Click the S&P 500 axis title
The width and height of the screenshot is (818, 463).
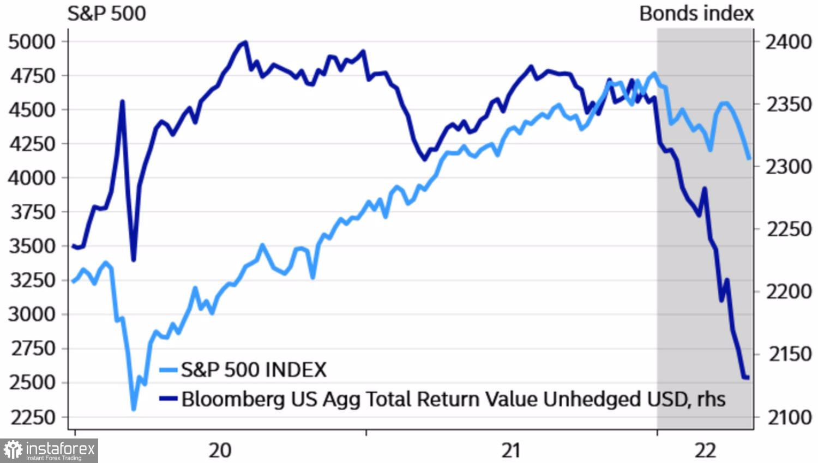(106, 14)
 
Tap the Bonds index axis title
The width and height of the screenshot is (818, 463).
(696, 14)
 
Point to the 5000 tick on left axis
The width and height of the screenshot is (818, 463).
(32, 42)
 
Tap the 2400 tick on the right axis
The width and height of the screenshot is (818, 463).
(789, 42)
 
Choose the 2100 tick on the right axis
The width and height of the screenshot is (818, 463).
(789, 417)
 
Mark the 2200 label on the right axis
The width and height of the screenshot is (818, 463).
(789, 292)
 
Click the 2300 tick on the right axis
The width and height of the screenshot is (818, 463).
(789, 167)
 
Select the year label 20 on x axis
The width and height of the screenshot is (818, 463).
(220, 450)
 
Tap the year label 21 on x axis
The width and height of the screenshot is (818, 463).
(511, 450)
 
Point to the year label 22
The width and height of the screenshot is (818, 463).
(705, 450)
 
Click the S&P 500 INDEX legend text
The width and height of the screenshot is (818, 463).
(254, 370)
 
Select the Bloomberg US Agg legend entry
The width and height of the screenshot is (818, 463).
(453, 399)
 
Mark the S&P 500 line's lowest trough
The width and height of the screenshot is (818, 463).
(134, 409)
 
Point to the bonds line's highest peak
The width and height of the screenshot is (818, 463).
(245, 42)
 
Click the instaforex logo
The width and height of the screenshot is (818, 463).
(49, 450)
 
